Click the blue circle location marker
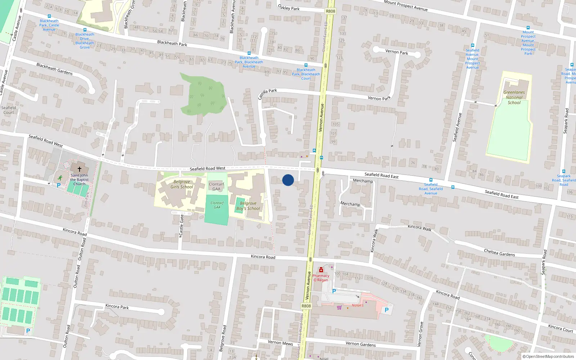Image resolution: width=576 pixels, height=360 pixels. tap(288, 180)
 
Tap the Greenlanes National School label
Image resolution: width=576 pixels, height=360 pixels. tap(514, 98)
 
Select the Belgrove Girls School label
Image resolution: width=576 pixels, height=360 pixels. tap(182, 184)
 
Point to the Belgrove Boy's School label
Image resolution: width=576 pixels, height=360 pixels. tap(248, 206)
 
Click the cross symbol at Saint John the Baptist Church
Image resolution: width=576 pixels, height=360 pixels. tap(80, 168)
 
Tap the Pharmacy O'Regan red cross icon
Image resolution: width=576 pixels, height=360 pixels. tap(321, 270)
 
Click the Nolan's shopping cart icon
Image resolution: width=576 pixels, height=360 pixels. tap(339, 307)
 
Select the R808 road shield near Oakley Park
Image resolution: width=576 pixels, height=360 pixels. tap(330, 11)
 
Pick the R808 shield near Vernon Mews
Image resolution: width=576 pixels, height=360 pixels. tap(306, 306)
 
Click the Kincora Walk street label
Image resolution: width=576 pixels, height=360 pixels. tap(419, 227)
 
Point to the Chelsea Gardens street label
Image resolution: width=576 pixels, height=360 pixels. tap(499, 253)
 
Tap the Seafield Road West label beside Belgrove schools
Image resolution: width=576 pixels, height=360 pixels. tap(207, 168)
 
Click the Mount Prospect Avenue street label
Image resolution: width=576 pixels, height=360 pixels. tap(406, 5)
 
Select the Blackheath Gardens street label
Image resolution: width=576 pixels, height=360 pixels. tap(54, 69)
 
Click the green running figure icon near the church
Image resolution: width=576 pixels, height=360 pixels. tap(60, 177)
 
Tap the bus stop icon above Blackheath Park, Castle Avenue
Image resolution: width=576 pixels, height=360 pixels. tap(49, 16)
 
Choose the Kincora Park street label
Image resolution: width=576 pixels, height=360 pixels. tap(117, 306)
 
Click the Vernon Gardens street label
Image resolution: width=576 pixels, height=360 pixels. tap(360, 344)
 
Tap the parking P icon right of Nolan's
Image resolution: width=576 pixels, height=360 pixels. tap(387, 310)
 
